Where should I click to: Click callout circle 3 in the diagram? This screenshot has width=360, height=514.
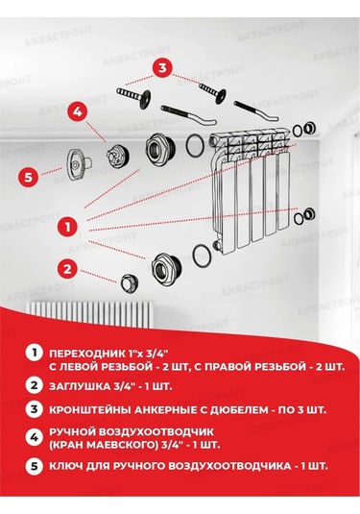[163, 68]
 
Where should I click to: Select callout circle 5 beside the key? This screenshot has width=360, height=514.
[29, 177]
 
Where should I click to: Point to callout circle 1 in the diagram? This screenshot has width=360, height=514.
[67, 227]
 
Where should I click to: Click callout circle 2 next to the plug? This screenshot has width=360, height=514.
[66, 268]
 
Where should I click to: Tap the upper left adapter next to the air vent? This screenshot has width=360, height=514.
[157, 150]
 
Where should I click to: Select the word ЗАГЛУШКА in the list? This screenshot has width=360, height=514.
[84, 386]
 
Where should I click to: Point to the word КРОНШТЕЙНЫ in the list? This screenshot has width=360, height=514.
[94, 409]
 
